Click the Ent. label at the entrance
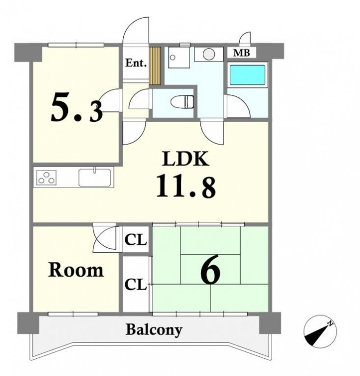click(x=136, y=63)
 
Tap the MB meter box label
click(x=242, y=53)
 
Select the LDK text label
click(x=186, y=158)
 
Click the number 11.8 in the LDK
click(x=186, y=186)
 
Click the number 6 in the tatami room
click(x=210, y=269)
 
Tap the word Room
click(x=76, y=270)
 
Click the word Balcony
click(x=154, y=330)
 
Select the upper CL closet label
click(x=136, y=240)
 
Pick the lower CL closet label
click(x=136, y=285)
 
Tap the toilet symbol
click(x=182, y=101)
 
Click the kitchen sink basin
click(x=95, y=178)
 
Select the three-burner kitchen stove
click(x=46, y=178)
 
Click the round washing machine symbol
click(x=209, y=54)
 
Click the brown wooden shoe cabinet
click(x=155, y=66)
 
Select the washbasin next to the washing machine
click(x=179, y=58)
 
